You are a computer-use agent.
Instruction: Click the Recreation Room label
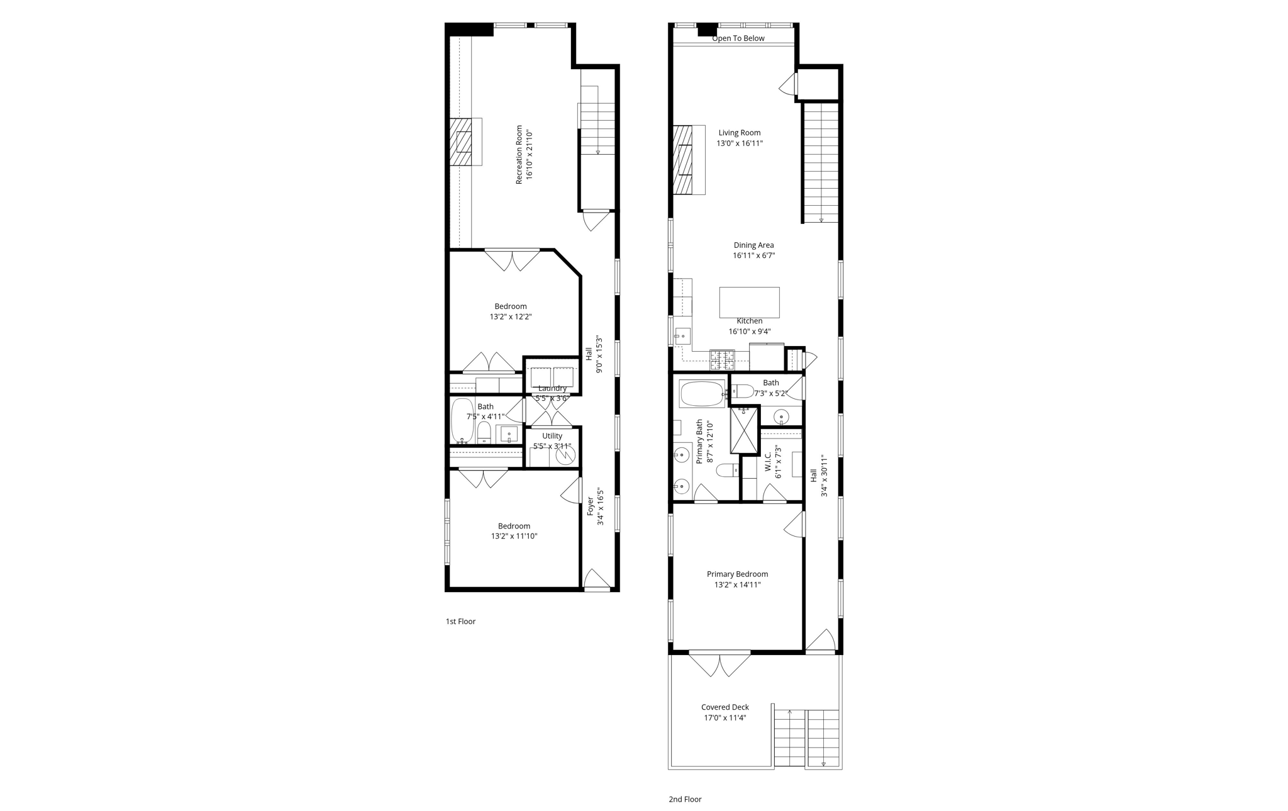(519, 155)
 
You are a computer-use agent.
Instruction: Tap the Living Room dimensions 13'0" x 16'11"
(740, 143)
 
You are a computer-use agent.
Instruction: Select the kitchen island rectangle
(749, 303)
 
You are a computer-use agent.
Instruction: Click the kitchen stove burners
(722, 360)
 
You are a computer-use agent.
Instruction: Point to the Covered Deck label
(725, 707)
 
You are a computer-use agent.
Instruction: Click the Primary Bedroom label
(737, 574)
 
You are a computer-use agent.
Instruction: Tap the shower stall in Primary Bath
(745, 430)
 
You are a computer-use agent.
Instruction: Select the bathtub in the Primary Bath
(702, 394)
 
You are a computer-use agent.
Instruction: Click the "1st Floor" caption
(460, 622)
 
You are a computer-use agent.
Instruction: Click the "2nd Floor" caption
(685, 800)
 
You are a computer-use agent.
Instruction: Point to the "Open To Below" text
(738, 38)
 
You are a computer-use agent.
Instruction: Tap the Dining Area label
(753, 245)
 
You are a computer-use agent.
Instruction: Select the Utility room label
(552, 436)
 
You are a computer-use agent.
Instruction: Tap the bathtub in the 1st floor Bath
(462, 420)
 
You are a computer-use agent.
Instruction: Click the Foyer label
(591, 506)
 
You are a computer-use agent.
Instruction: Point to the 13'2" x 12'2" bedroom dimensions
(511, 317)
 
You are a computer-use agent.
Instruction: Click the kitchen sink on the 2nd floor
(682, 336)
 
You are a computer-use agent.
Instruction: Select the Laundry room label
(552, 388)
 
